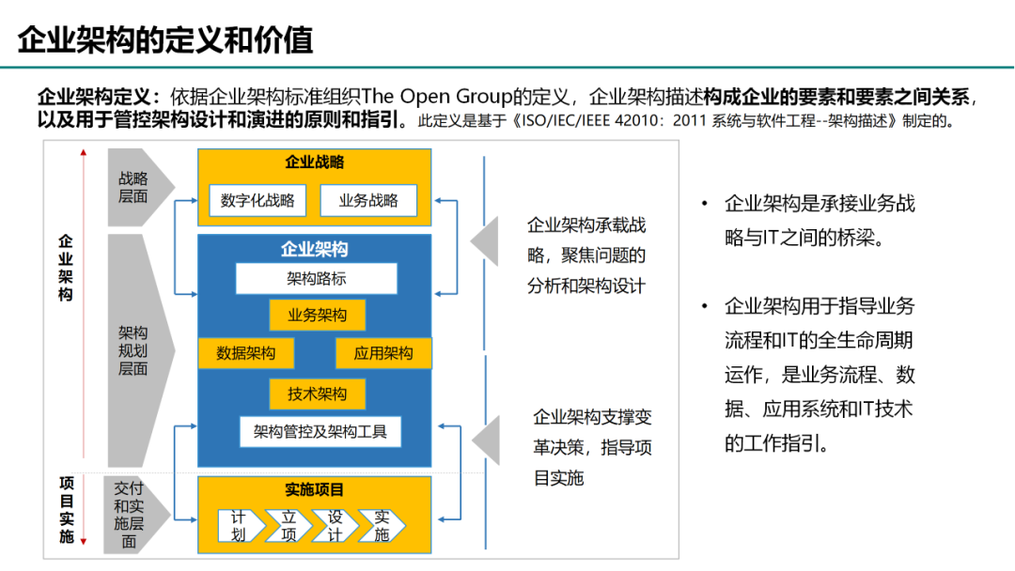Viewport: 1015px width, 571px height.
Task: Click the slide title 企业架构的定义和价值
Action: [165, 40]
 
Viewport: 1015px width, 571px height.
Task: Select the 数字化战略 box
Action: [258, 200]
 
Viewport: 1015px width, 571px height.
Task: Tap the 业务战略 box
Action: [368, 200]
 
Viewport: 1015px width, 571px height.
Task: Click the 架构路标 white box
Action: [316, 279]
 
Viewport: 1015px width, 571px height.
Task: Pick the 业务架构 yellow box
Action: [317, 316]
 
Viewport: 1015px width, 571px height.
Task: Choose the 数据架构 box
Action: [245, 353]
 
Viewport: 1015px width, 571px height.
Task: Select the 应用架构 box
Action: [383, 353]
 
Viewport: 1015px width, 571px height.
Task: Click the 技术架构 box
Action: [317, 394]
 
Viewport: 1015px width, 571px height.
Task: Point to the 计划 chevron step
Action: [240, 526]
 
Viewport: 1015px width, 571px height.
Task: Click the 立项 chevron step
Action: [289, 526]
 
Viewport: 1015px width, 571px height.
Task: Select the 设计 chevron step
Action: [336, 526]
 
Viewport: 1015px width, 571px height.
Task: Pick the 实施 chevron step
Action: [382, 526]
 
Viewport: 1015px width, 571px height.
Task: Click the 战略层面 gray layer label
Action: [134, 188]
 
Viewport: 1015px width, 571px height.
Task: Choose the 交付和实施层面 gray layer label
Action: [130, 515]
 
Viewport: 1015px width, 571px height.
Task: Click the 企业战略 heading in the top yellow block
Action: [315, 162]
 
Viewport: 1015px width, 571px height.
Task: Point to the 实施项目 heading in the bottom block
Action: [315, 490]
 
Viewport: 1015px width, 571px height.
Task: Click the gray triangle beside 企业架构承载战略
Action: [485, 242]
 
